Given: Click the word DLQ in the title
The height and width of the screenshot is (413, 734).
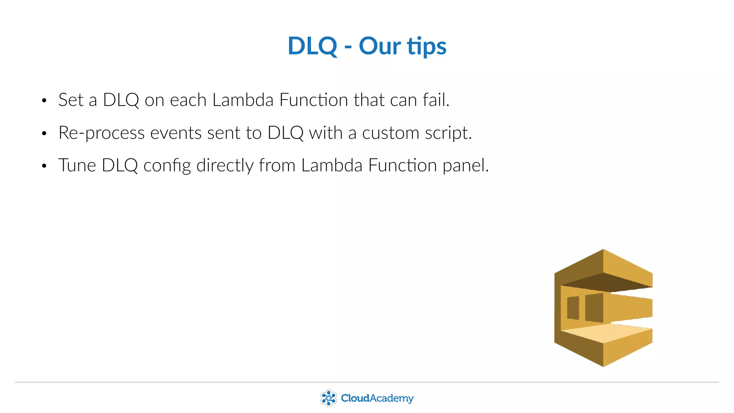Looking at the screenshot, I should pos(313,46).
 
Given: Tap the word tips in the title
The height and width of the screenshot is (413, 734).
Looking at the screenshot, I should pos(426,47).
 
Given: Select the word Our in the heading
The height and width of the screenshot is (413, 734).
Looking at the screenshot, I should pos(380,46).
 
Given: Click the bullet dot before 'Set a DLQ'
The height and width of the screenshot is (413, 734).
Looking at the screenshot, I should pos(44,101).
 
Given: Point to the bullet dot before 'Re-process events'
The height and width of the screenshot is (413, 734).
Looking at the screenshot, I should pos(44,134).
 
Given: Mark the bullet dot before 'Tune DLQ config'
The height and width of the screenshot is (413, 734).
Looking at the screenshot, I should pos(44,166).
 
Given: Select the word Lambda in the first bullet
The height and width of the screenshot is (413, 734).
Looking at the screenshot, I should pos(243,100).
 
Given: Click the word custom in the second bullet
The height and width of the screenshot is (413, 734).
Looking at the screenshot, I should pos(390,133).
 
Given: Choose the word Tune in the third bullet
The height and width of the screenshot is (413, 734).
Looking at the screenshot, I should pos(77,165).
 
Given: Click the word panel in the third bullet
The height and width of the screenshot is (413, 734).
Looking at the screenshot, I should pos(465,165).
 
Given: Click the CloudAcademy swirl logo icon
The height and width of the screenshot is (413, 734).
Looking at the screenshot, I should pos(328,398).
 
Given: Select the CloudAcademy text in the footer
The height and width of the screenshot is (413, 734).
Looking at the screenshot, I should pos(377,398).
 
